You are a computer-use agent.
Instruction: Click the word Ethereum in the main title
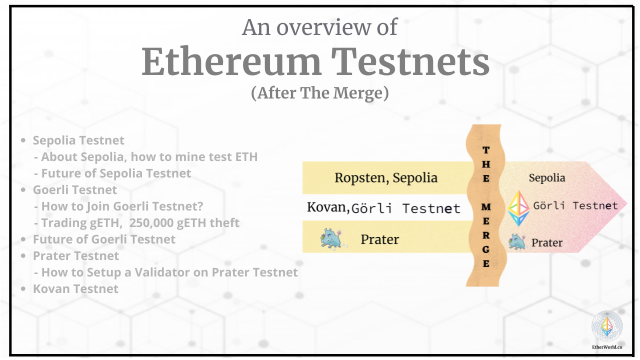pyautogui.click(x=231, y=62)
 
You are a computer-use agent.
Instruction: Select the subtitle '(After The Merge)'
pyautogui.click(x=320, y=93)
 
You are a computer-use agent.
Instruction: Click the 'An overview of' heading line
pyautogui.click(x=320, y=27)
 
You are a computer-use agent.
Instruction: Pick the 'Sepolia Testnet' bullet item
pyautogui.click(x=78, y=140)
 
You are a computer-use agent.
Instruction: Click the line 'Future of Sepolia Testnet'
pyautogui.click(x=116, y=173)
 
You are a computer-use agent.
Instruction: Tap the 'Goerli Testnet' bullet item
pyautogui.click(x=75, y=190)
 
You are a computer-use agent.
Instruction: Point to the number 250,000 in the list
pyautogui.click(x=151, y=223)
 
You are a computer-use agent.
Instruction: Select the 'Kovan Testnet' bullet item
pyautogui.click(x=75, y=289)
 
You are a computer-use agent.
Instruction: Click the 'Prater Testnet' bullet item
pyautogui.click(x=76, y=256)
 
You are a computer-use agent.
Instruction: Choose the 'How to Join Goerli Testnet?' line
pyautogui.click(x=122, y=206)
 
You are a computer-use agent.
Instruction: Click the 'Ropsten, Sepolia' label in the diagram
pyautogui.click(x=386, y=177)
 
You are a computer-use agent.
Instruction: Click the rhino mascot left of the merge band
pyautogui.click(x=331, y=239)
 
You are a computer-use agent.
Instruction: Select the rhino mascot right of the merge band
pyautogui.click(x=517, y=242)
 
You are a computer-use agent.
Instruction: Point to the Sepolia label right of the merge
pyautogui.click(x=547, y=178)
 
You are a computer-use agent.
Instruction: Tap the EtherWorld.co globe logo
pyautogui.click(x=607, y=326)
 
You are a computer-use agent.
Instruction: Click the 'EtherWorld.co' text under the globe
pyautogui.click(x=607, y=346)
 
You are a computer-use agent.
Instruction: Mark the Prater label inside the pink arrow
pyautogui.click(x=547, y=243)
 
